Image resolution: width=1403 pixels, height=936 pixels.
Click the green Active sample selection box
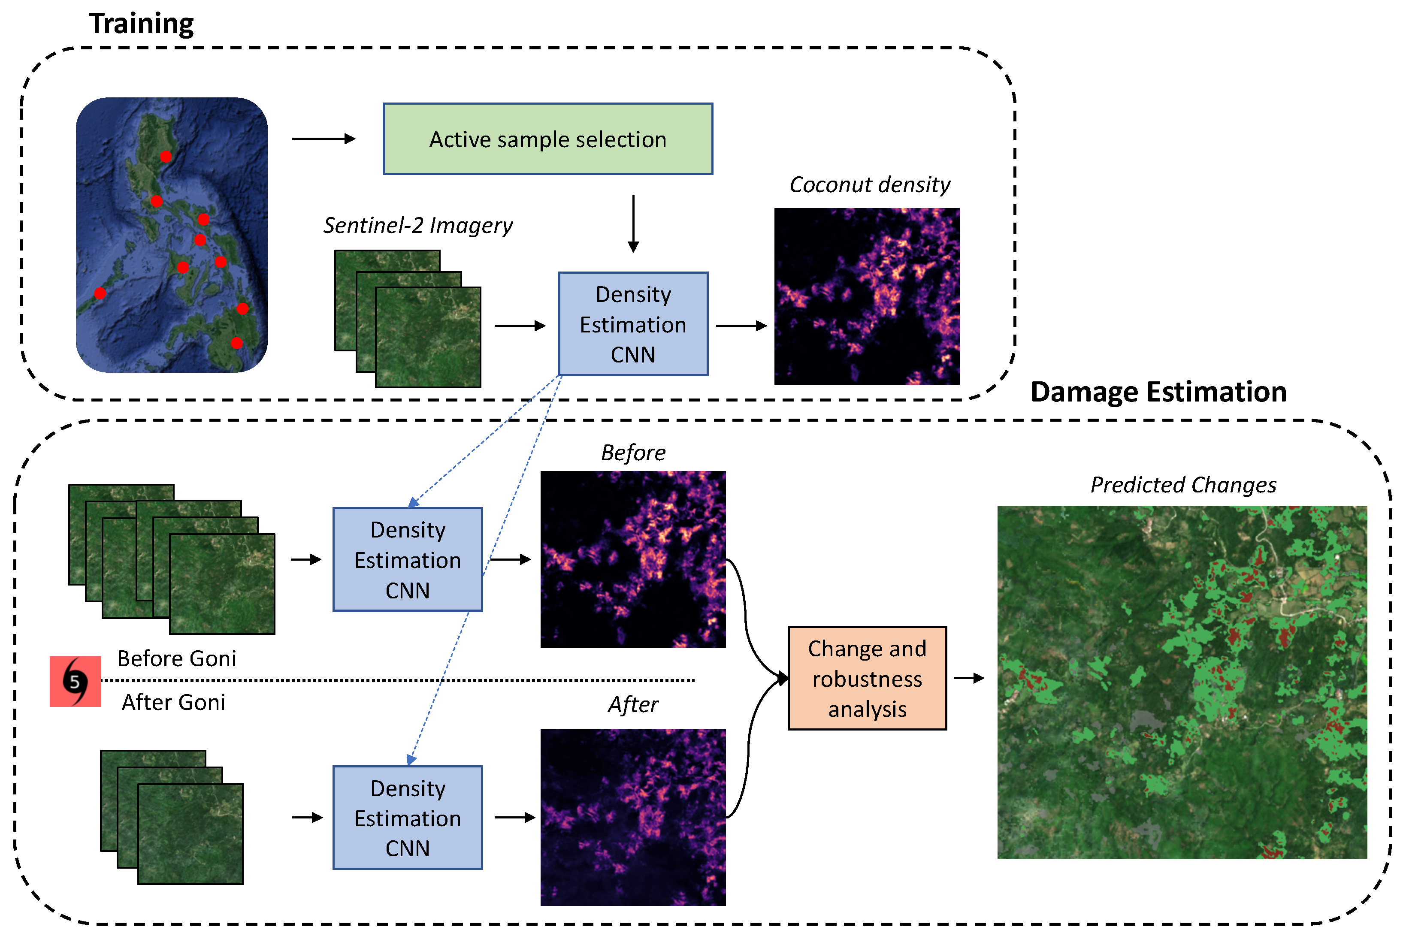(x=547, y=139)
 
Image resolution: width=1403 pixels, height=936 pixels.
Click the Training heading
(x=142, y=24)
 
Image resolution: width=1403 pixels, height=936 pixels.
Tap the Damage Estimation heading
(x=1158, y=392)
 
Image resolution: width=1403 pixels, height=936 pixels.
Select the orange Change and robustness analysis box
(x=866, y=678)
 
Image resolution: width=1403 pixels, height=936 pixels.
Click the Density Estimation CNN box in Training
(x=633, y=324)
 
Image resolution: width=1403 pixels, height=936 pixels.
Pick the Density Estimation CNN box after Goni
(x=407, y=817)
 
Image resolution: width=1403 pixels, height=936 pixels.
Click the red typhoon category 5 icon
(x=75, y=681)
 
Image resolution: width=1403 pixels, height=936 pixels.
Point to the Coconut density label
(x=869, y=185)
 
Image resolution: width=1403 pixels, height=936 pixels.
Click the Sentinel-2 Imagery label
(x=417, y=226)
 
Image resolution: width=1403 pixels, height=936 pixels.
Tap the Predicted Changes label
(x=1183, y=485)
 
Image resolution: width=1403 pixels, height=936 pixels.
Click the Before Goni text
(x=177, y=658)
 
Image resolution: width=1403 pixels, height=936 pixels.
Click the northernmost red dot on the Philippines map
(x=166, y=157)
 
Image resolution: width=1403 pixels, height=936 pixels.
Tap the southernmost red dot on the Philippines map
(x=237, y=343)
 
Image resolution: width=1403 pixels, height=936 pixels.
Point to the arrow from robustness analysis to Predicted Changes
(x=968, y=678)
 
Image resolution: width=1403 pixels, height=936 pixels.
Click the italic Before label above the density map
(x=633, y=453)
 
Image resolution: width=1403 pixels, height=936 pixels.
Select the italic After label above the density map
(x=633, y=705)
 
